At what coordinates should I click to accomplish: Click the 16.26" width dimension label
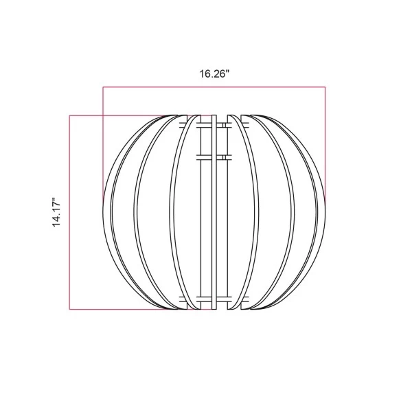[x=214, y=75]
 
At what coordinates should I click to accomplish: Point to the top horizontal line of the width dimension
[x=214, y=87]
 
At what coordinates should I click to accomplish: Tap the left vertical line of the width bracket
[x=103, y=144]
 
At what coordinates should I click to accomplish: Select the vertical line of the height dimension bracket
[x=69, y=212]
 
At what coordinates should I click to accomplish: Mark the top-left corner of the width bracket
[x=103, y=87]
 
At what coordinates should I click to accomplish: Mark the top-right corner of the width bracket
[x=324, y=87]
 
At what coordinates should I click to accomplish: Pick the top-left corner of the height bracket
[x=69, y=115]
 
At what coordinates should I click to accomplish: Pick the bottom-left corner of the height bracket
[x=69, y=310]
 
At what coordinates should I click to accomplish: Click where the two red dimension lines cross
[x=103, y=115]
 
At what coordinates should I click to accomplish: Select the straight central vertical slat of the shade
[x=214, y=213]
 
